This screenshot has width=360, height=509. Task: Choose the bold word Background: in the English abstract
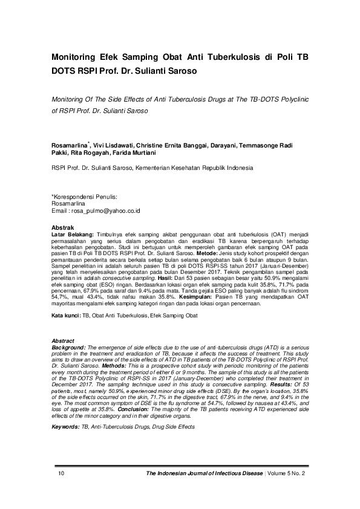pyautogui.click(x=69, y=348)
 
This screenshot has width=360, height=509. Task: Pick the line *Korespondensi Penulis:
pyautogui.click(x=84, y=197)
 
